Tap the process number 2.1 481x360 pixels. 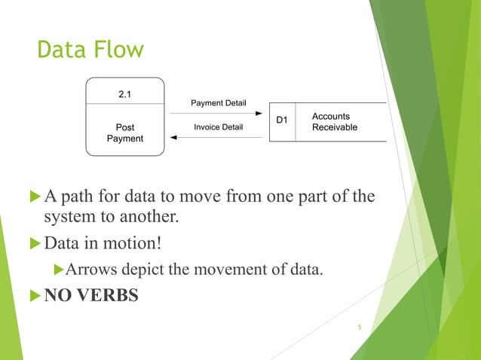click(x=125, y=94)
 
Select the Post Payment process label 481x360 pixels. click(x=125, y=133)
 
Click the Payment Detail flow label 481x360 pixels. click(x=218, y=102)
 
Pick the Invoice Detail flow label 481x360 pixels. click(x=218, y=127)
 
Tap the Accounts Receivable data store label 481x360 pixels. click(x=334, y=122)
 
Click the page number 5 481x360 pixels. click(x=360, y=326)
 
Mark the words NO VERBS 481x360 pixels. click(x=91, y=295)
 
